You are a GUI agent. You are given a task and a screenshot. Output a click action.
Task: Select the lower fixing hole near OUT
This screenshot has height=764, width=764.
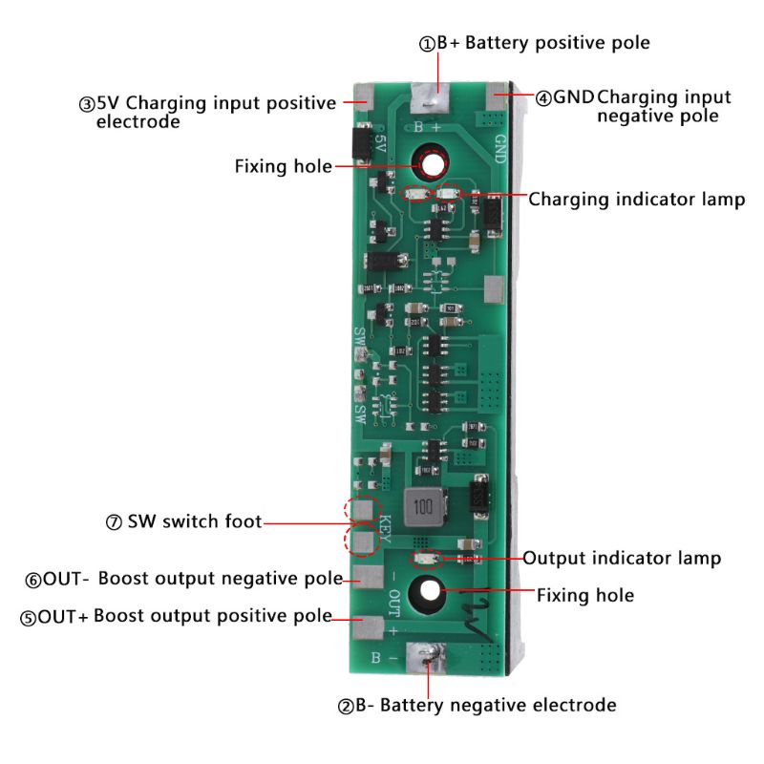click(x=427, y=592)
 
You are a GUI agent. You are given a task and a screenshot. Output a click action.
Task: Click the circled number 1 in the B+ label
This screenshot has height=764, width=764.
click(x=427, y=43)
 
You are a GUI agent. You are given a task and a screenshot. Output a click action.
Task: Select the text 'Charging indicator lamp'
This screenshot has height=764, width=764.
click(x=636, y=200)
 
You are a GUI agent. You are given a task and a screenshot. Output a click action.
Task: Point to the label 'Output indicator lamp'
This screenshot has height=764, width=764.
click(x=621, y=558)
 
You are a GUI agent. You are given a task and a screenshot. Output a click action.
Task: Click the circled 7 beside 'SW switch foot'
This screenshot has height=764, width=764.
click(x=115, y=522)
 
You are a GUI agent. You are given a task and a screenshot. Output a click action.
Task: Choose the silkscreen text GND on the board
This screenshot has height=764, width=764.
click(x=499, y=147)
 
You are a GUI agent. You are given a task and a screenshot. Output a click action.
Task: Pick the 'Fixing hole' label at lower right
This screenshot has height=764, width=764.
click(x=584, y=595)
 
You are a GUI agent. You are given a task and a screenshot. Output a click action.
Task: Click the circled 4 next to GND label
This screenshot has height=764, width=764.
click(x=543, y=97)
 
